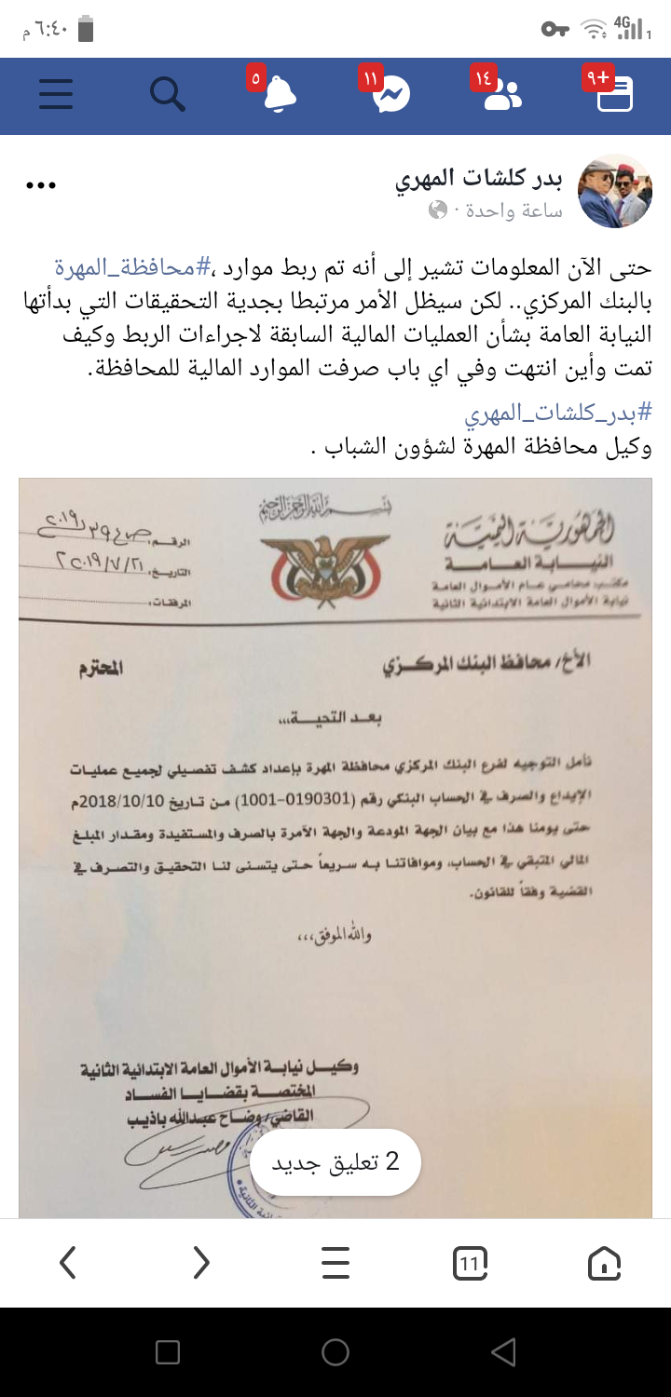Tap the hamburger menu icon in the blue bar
tap(56, 94)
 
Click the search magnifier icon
tap(168, 94)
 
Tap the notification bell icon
tap(280, 95)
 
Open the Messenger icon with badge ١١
tap(391, 95)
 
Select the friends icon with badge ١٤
tap(503, 95)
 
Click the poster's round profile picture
tap(615, 192)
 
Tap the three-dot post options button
tap(41, 185)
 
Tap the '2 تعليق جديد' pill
tap(335, 1161)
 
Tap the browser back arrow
tap(67, 1263)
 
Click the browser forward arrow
tap(201, 1263)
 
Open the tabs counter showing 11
tap(470, 1264)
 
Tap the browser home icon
tap(604, 1264)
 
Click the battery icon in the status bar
tap(86, 30)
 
